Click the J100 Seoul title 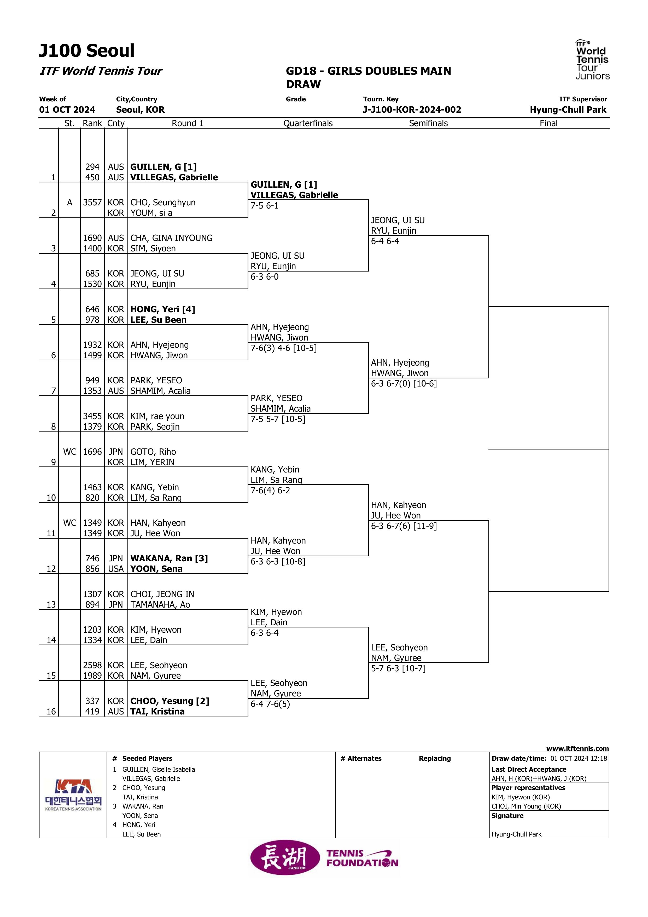(x=87, y=51)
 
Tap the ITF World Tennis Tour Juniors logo (x=592, y=60)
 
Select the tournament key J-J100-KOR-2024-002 (x=412, y=110)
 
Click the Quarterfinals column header (x=308, y=123)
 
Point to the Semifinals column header (x=428, y=123)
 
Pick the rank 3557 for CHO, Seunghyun (x=92, y=203)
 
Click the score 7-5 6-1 (x=265, y=206)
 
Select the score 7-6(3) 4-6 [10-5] (x=283, y=348)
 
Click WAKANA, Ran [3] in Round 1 (x=169, y=558)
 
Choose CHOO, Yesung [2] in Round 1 (x=170, y=701)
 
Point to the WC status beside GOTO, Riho (x=70, y=452)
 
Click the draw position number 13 (x=51, y=605)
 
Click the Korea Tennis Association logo (x=73, y=795)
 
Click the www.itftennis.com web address (x=577, y=748)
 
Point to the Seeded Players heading (x=147, y=758)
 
